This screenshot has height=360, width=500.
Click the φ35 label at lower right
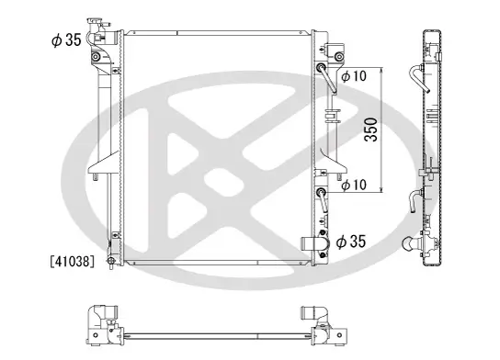click(x=352, y=242)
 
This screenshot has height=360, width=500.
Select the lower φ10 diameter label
click(x=355, y=185)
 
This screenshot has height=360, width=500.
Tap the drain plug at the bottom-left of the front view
click(x=110, y=258)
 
